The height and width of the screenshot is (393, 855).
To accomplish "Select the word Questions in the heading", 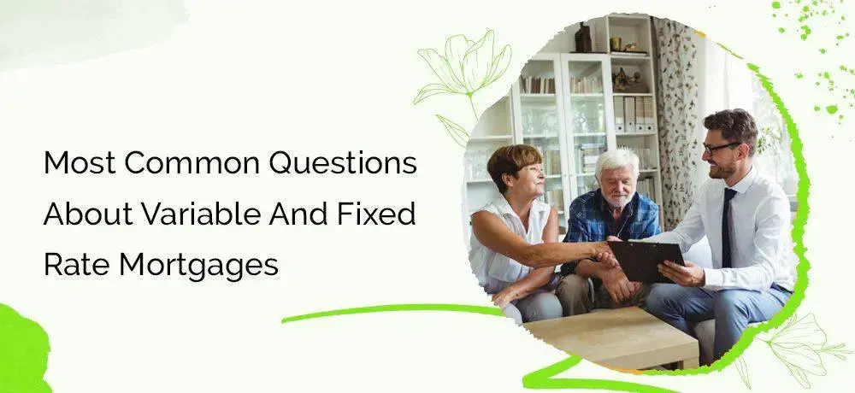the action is [343, 163].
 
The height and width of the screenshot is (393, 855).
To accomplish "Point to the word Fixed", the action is [376, 214].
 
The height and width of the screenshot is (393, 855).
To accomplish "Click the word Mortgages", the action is [198, 266].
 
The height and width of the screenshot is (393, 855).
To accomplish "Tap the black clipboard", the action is [647, 262].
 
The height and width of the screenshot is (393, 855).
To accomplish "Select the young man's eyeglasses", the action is [719, 148].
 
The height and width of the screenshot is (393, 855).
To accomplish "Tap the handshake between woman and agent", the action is [607, 255].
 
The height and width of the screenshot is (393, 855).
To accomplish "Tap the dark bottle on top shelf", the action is [583, 38].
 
